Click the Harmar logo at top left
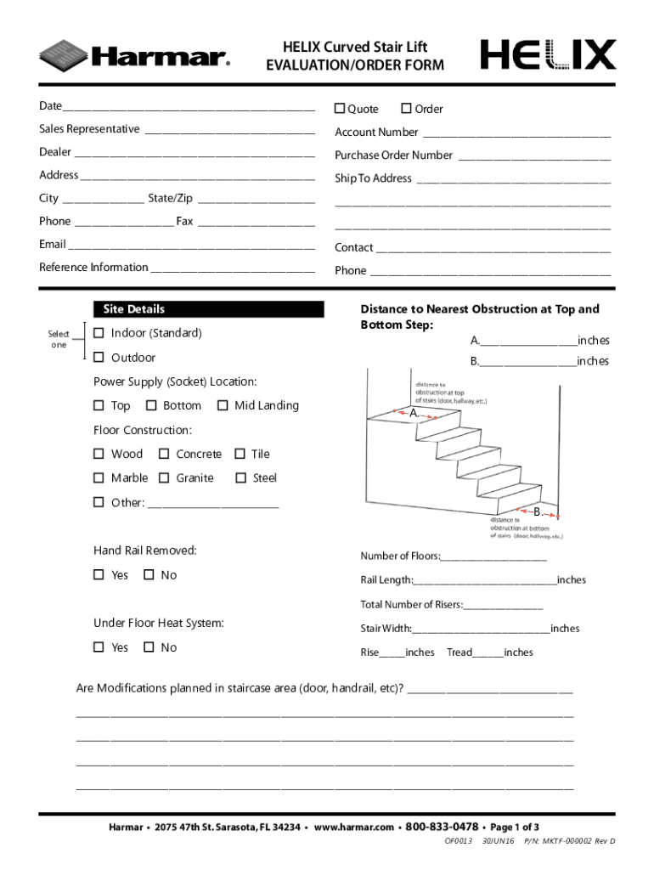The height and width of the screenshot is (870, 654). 134,56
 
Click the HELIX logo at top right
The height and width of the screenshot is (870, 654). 548,55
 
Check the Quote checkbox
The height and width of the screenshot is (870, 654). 340,109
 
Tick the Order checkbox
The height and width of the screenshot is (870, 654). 407,109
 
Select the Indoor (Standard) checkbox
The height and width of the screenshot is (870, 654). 99,333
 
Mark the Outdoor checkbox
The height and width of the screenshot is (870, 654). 99,358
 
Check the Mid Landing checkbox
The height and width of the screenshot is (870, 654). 223,405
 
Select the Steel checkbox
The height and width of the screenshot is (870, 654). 240,477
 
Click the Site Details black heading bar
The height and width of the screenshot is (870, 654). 208,309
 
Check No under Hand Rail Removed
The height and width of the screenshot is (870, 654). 149,575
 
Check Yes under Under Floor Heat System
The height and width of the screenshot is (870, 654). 99,647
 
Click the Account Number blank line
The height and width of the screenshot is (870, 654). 516,133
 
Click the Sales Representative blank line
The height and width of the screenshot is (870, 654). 229,130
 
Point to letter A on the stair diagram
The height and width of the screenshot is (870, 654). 413,413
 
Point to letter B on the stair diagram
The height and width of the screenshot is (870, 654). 537,511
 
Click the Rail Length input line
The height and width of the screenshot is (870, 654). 484,581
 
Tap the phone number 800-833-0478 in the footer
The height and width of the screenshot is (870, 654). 442,827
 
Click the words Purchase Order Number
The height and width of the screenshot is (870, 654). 393,155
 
